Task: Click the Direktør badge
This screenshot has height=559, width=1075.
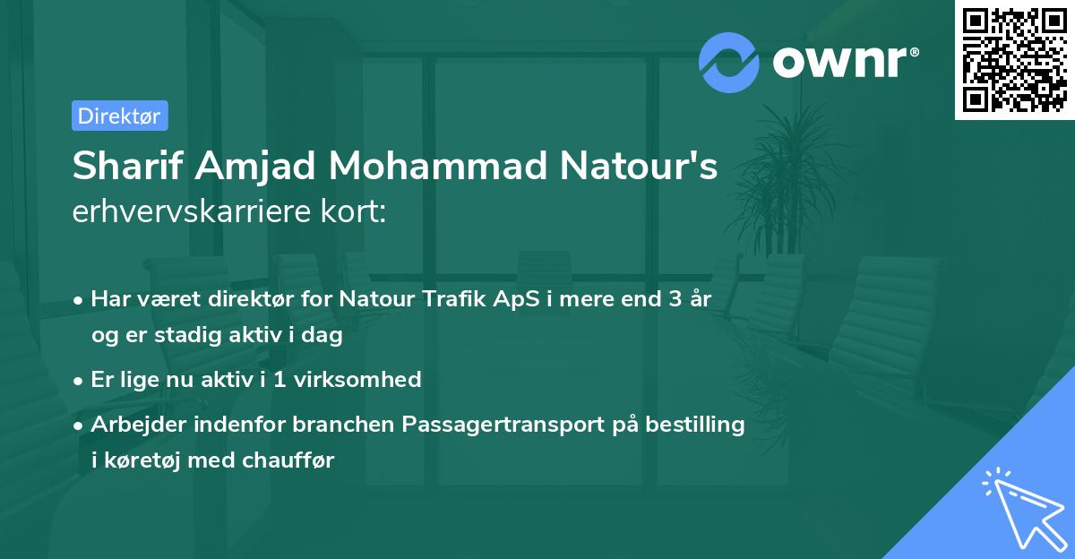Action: coord(119,116)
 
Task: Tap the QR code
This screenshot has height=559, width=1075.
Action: coord(1012,59)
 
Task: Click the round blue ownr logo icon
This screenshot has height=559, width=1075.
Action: coord(728,62)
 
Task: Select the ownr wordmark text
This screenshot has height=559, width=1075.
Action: coord(842,62)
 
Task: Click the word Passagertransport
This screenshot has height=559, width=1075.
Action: coord(506,424)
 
